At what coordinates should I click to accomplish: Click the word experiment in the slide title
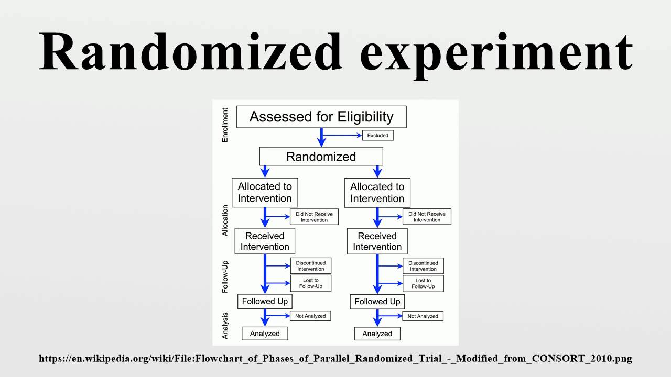point(496,56)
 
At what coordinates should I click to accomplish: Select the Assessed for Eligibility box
point(321,117)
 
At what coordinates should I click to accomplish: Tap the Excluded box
point(378,135)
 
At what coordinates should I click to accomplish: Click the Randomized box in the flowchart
point(321,156)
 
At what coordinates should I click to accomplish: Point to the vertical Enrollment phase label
point(225,125)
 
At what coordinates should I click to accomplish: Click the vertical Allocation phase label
point(225,220)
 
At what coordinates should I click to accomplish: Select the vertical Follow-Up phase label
point(225,277)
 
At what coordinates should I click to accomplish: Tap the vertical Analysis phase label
point(225,326)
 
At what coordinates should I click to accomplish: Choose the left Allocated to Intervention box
point(265,192)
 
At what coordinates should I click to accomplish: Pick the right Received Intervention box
point(377,241)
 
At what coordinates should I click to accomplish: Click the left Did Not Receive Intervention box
point(314,217)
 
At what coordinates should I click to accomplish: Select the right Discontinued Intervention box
point(423,266)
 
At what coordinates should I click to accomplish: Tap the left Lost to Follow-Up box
point(311,283)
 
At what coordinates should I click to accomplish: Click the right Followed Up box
point(377,302)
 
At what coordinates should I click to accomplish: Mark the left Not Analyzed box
point(310,316)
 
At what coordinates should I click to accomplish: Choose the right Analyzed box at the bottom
point(377,334)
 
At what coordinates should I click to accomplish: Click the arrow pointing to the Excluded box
point(342,135)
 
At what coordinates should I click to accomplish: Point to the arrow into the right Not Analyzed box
point(389,316)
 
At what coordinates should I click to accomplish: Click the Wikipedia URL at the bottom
point(335,359)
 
